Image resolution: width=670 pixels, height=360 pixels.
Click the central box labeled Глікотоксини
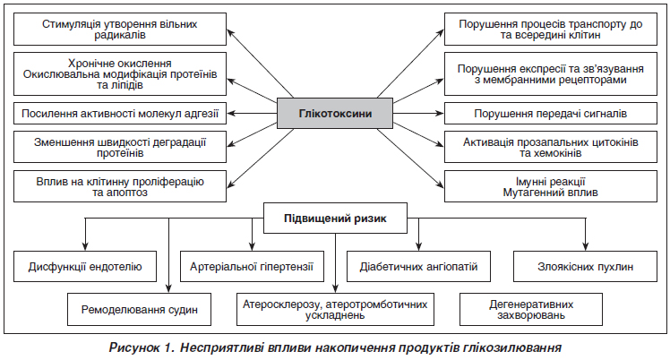click(335, 114)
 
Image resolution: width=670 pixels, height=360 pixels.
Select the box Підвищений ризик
click(335, 219)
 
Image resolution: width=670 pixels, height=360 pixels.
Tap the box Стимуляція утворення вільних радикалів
click(120, 29)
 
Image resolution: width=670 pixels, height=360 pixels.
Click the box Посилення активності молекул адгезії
click(120, 114)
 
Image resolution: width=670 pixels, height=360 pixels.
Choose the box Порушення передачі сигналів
click(550, 114)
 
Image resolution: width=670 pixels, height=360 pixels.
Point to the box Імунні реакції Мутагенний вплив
click(550, 186)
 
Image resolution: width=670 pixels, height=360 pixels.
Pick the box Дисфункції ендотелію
click(85, 267)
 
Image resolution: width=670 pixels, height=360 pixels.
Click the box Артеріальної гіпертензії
click(252, 267)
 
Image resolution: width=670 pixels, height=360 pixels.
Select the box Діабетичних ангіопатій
click(418, 267)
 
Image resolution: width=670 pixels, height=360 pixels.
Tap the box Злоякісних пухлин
click(585, 267)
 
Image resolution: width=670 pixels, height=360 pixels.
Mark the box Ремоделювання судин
click(140, 309)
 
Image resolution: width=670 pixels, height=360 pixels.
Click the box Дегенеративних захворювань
click(531, 309)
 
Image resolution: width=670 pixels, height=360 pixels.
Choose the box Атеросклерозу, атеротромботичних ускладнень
click(335, 309)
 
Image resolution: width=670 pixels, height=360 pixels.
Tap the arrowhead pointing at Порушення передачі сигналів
click(440, 114)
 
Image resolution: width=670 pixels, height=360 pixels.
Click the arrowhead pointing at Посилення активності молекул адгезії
click(231, 114)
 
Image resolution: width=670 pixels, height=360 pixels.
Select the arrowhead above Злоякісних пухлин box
click(585, 246)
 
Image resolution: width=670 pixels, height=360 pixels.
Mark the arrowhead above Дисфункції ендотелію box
click(85, 246)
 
